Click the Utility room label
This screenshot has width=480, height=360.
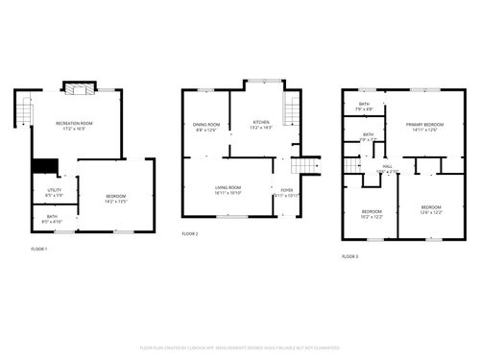coord(54,192)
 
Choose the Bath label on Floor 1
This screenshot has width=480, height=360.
coord(52,219)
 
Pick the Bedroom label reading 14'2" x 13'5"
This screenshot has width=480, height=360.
coord(117,199)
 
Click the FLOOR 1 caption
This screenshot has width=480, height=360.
coord(38,250)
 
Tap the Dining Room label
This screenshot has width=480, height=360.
coord(206,126)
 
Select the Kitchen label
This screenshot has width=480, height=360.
coord(261,125)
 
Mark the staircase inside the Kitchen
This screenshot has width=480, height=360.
coord(287,120)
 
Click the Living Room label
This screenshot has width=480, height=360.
coord(228,189)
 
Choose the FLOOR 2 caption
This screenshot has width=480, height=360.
coord(190,233)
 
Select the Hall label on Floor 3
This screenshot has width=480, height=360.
coord(388,169)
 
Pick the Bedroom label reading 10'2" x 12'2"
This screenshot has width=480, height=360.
coord(372,213)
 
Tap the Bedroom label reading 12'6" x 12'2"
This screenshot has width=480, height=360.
coord(430,210)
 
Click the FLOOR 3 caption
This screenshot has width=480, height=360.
coord(350,256)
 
